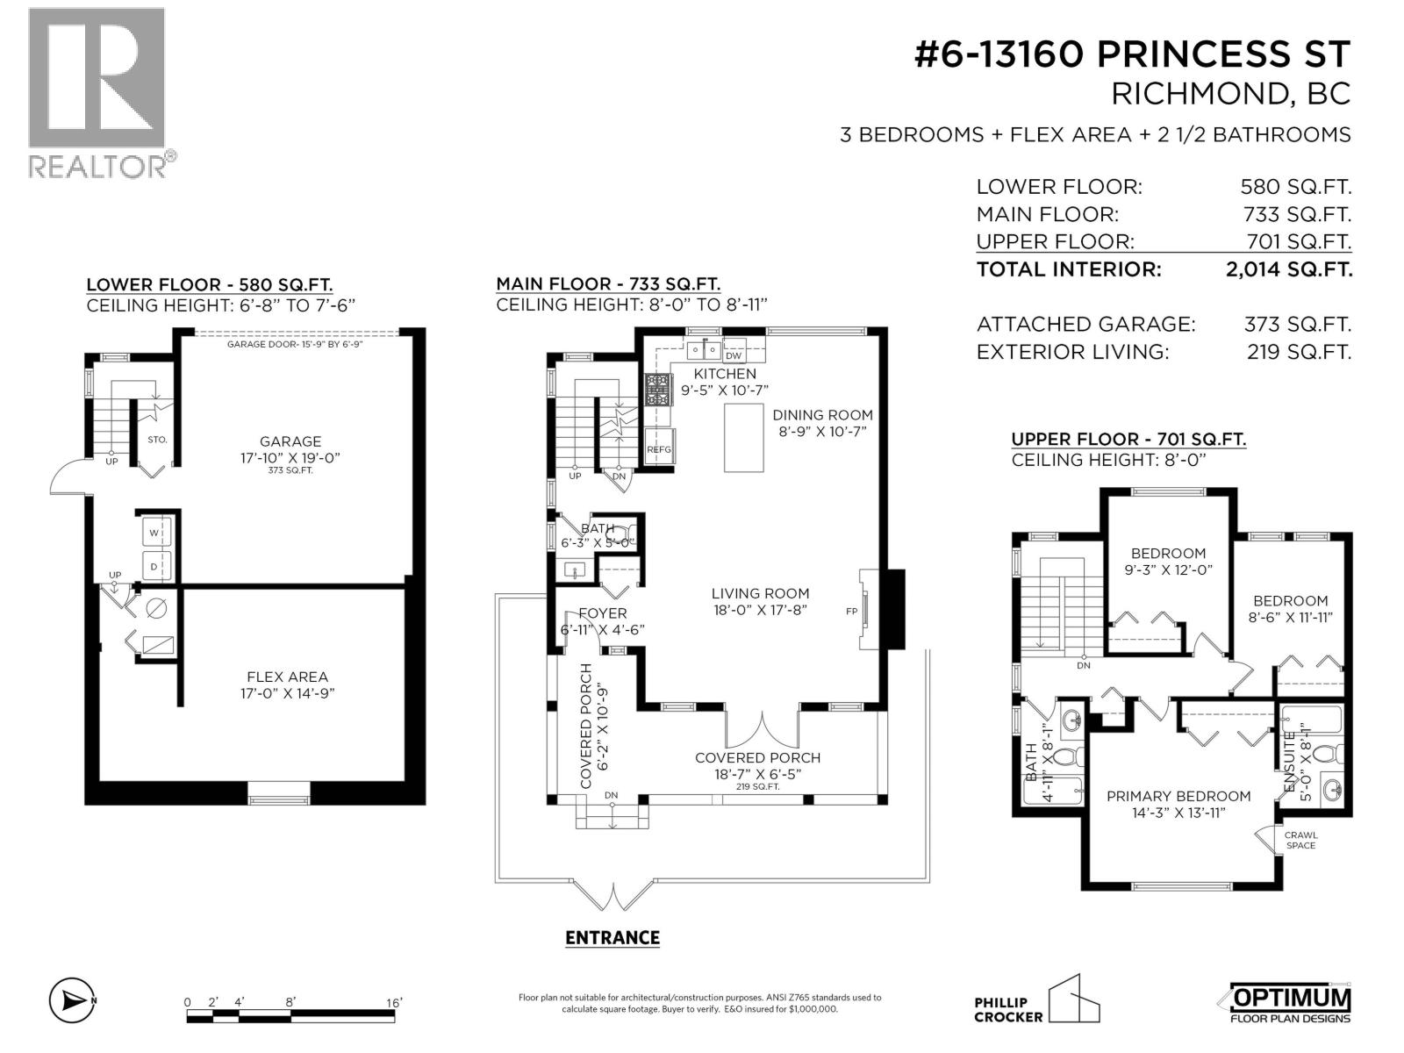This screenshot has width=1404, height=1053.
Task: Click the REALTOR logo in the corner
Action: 97,92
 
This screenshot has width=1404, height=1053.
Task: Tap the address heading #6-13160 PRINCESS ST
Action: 1131,54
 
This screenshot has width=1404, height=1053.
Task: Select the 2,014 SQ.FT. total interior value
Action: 1288,269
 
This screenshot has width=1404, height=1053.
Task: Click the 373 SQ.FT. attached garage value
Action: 1297,325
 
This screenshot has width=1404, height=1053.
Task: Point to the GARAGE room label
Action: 290,441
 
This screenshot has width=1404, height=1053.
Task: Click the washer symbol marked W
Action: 154,533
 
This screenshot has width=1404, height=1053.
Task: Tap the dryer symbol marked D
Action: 154,567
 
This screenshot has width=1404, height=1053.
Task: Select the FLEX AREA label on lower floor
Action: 287,677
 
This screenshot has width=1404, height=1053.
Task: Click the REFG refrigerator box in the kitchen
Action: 659,449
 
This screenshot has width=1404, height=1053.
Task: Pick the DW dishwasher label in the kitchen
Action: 734,355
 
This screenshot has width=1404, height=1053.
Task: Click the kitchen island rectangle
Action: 743,438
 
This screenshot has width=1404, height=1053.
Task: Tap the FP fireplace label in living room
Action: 851,612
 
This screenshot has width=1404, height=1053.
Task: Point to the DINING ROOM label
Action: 822,415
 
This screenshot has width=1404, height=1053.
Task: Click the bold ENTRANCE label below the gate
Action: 612,937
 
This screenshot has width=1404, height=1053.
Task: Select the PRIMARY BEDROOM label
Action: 1178,796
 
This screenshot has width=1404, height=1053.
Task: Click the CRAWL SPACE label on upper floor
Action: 1300,840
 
